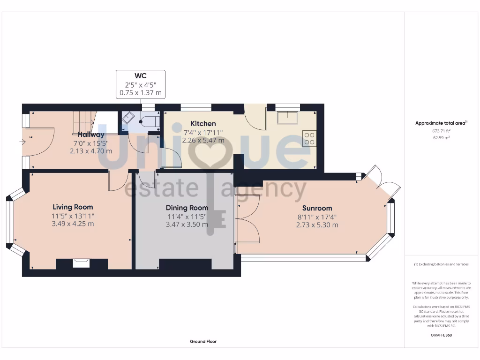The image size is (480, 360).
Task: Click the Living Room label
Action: point(73,207)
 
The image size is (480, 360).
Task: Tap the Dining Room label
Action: point(187,208)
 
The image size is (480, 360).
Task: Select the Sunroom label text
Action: point(317,208)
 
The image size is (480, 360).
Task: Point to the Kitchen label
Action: point(203,124)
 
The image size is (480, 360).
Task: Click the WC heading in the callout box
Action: point(141,76)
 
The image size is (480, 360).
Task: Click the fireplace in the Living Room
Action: point(81,263)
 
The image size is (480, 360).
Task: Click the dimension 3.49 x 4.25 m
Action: point(73,224)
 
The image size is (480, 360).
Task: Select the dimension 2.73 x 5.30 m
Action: point(317,225)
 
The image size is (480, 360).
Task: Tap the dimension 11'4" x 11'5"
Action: point(187,217)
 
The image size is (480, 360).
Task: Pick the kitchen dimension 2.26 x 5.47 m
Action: point(203,140)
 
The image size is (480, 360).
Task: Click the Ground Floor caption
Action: point(203,342)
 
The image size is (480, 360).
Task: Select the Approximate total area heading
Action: point(441,123)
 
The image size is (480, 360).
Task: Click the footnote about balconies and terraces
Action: point(441,264)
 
